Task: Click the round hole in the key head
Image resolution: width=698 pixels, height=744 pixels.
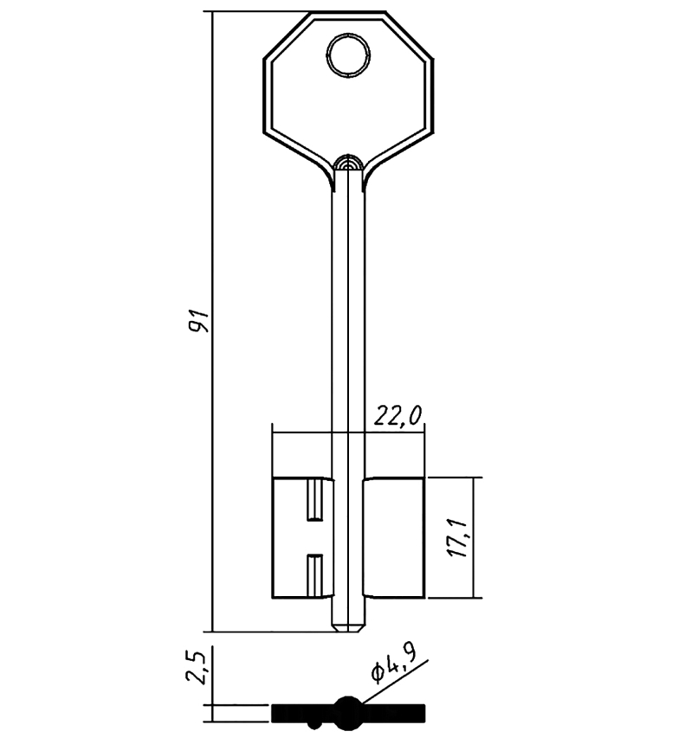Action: pyautogui.click(x=348, y=55)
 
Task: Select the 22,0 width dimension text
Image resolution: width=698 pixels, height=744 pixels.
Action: pyautogui.click(x=397, y=417)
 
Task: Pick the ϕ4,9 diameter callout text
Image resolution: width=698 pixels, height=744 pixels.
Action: pyautogui.click(x=394, y=666)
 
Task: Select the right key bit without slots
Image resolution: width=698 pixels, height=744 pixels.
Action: pyautogui.click(x=394, y=537)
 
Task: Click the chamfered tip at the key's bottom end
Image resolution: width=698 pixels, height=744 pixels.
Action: pyautogui.click(x=348, y=628)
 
